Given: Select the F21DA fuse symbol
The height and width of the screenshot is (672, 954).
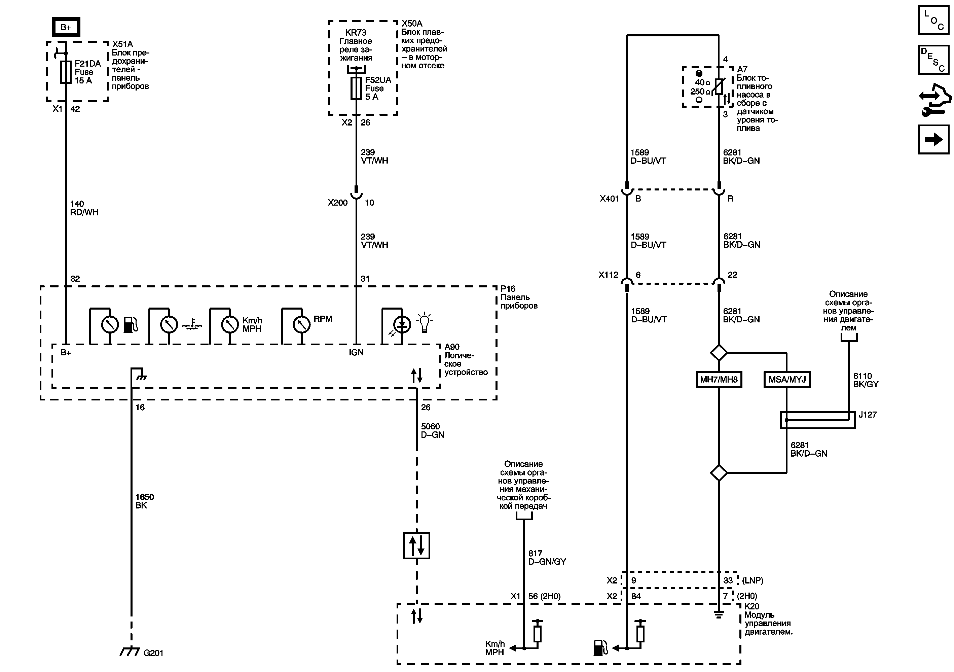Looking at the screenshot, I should (66, 72).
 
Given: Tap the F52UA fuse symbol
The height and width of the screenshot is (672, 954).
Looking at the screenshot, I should (356, 88).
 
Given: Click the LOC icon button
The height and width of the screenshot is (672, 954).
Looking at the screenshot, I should (933, 20).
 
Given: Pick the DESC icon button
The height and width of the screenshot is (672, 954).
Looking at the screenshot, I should (933, 60).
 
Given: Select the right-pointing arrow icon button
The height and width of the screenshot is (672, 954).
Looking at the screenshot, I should (933, 140).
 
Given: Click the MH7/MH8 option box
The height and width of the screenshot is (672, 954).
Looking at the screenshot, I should (719, 380).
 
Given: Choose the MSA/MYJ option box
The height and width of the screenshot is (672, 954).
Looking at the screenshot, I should (787, 380).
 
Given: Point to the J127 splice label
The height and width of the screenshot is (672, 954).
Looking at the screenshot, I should (868, 415).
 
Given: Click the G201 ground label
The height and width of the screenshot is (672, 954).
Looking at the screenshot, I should (153, 653).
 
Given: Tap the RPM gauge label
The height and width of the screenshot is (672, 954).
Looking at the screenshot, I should (323, 319).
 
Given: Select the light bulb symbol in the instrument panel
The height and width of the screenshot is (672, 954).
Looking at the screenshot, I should (424, 322).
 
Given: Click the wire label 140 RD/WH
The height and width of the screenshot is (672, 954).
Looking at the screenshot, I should (84, 208).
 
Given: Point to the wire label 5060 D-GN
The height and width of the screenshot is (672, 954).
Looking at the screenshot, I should (433, 430).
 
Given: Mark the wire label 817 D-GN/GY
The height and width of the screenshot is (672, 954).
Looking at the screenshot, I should (547, 557).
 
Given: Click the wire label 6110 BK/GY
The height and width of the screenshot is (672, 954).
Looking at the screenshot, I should (866, 380).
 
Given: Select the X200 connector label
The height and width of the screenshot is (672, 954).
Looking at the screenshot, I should (337, 203).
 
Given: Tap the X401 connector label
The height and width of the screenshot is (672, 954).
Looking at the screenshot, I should (609, 199).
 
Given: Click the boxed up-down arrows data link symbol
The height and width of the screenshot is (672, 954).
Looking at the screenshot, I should (416, 546).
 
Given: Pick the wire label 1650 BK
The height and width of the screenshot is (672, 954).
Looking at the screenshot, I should (144, 501).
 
